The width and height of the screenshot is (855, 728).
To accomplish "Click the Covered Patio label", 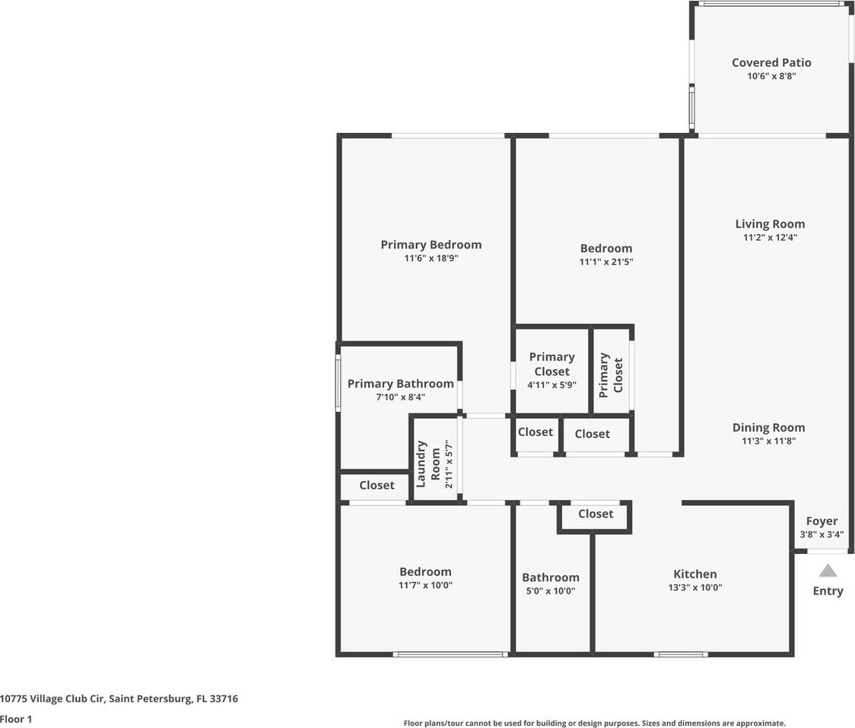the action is [771, 62].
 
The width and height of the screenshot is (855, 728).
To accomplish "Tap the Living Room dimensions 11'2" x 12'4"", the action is [770, 237].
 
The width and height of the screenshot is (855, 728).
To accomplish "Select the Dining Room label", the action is [768, 428].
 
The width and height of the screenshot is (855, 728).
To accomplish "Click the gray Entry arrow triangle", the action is [828, 571].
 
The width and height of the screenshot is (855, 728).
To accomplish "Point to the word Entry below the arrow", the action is [828, 591].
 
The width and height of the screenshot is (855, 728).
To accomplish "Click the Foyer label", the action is [822, 521].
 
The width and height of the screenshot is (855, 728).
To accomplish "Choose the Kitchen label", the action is [694, 574].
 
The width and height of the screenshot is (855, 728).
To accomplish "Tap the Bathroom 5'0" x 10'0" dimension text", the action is [550, 591].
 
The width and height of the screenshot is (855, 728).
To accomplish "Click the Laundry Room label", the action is [428, 464].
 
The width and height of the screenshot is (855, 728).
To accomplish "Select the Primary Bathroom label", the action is [400, 384].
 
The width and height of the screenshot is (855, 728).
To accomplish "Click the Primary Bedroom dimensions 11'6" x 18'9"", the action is [431, 258].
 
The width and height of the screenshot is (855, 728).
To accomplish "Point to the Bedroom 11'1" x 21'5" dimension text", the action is [605, 261].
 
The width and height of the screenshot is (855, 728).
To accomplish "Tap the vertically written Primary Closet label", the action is [611, 375].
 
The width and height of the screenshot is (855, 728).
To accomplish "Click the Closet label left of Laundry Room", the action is [377, 485].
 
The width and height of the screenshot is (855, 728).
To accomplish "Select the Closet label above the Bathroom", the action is [596, 514].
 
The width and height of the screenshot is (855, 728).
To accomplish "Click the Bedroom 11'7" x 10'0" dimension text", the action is [425, 585].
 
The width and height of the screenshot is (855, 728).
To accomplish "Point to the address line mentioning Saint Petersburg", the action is [119, 698].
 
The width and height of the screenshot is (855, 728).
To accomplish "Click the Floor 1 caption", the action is [16, 720].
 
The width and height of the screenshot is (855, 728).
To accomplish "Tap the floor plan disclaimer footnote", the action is [594, 723].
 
